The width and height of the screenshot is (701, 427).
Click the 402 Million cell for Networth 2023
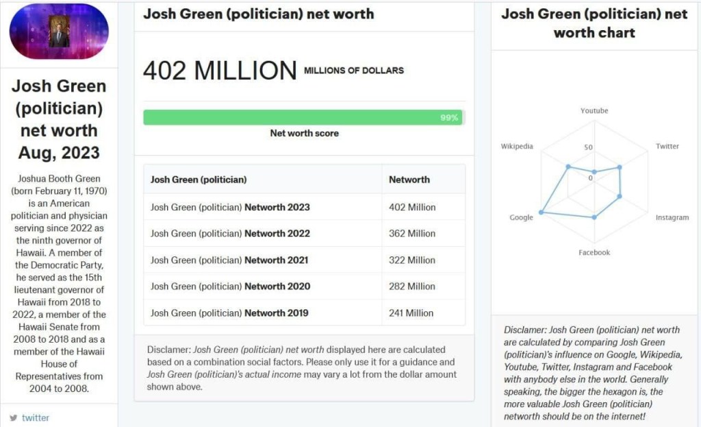click(x=411, y=207)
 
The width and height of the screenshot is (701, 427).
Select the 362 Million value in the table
click(x=411, y=234)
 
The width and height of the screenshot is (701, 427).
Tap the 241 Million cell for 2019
click(x=411, y=313)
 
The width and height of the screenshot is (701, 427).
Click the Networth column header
click(x=409, y=180)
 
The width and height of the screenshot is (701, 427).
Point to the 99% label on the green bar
click(x=449, y=118)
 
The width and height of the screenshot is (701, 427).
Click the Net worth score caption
click(x=304, y=134)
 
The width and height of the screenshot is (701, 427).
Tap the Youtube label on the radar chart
click(x=594, y=110)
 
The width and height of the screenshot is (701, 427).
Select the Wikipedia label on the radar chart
click(x=517, y=147)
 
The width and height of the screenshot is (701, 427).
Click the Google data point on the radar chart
click(x=541, y=212)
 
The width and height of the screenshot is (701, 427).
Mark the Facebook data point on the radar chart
click(x=594, y=217)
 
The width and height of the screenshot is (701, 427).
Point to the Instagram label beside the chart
click(x=672, y=217)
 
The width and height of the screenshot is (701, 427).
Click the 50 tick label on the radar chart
click(x=588, y=147)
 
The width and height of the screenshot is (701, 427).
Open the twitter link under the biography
click(x=36, y=418)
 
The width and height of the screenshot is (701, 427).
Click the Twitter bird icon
click(x=14, y=418)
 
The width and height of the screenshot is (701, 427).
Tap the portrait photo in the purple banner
click(x=59, y=31)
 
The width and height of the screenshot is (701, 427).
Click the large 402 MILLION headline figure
click(x=220, y=71)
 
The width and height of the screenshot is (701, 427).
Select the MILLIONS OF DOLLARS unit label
click(x=354, y=71)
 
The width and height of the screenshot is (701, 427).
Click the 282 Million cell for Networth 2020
click(x=411, y=286)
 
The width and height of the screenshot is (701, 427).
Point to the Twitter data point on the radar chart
click(x=620, y=167)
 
